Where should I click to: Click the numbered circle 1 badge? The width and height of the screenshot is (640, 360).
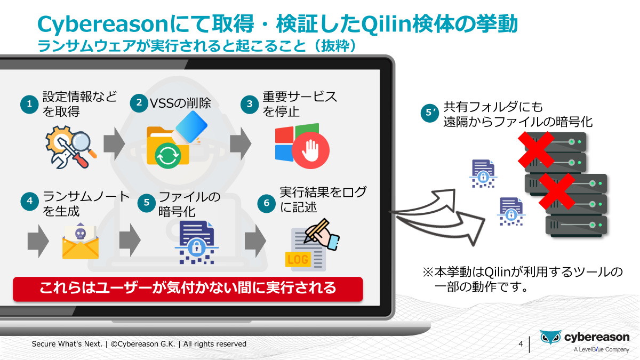(30, 104)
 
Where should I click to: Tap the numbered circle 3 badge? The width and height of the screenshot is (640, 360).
(250, 104)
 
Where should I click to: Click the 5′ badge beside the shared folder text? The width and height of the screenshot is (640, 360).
(429, 114)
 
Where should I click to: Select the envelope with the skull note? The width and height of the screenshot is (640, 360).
(80, 241)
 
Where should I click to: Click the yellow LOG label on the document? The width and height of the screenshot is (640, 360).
(298, 260)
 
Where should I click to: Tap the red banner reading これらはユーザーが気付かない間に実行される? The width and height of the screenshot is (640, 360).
(188, 289)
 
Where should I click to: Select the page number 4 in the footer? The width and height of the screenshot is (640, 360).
(521, 343)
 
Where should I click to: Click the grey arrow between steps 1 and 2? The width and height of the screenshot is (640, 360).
(113, 142)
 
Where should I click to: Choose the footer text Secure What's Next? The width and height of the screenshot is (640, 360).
(67, 344)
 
